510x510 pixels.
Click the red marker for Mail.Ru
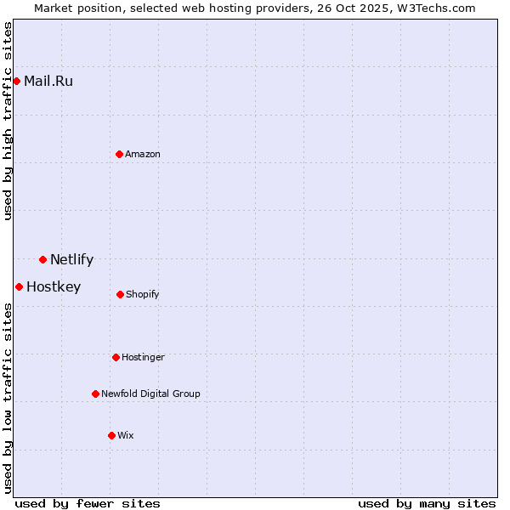16,81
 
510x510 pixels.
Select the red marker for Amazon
119,154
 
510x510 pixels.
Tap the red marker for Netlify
42,259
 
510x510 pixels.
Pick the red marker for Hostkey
19,286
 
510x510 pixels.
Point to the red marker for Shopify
120,294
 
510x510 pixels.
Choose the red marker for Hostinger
116,357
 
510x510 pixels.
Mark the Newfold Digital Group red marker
95,394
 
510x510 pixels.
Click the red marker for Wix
111,435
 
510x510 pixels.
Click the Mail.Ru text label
48,82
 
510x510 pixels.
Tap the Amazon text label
143,155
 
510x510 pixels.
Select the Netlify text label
71,260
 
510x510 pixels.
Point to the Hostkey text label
54,287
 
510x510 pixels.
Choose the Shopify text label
143,295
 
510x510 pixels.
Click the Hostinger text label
143,358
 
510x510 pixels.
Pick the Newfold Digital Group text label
150,394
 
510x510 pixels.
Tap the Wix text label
126,436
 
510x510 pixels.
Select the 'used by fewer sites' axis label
88,503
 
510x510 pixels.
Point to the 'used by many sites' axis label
427,503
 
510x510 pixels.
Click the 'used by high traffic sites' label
8,121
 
